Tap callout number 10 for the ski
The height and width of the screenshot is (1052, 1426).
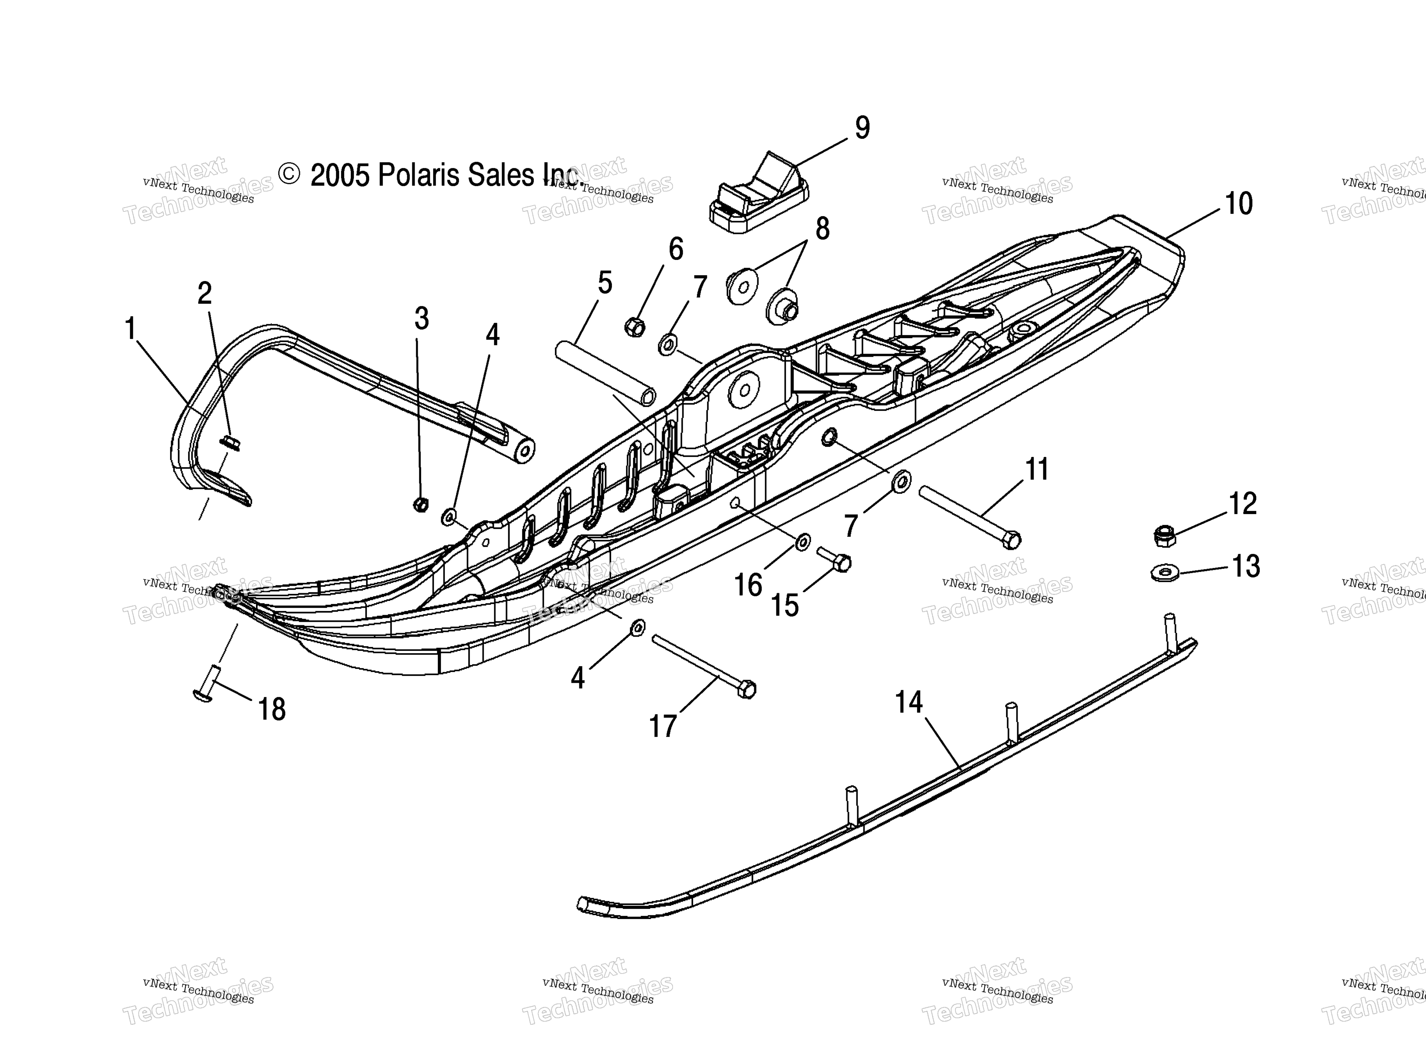click(x=1238, y=204)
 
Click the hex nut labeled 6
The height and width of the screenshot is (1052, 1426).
click(x=635, y=327)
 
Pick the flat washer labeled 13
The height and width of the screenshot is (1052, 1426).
click(x=1165, y=572)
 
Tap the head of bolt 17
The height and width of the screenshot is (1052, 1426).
click(x=747, y=689)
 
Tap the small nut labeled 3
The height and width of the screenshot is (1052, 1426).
click(x=420, y=504)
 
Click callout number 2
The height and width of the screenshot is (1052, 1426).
click(x=204, y=293)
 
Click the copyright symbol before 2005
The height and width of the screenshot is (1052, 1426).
click(x=289, y=174)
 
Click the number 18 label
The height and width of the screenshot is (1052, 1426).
click(x=272, y=709)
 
